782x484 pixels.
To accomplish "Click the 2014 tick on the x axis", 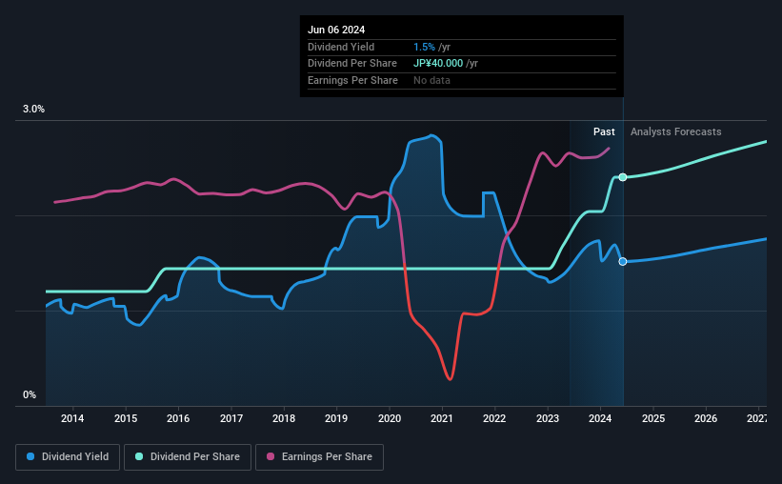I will coord(72,418).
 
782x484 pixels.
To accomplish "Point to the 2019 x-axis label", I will coord(336,418).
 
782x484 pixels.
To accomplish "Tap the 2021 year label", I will coord(442,418).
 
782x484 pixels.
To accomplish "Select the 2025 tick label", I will coord(652,418).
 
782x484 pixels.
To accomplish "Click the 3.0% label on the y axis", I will coord(33,110).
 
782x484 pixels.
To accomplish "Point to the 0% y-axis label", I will coord(30,394).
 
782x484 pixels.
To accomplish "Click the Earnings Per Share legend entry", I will coord(319,457).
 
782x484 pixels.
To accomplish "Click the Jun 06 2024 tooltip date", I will coord(337,30).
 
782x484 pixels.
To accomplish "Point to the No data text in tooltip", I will coord(431,80).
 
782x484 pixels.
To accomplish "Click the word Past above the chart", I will coord(604,131).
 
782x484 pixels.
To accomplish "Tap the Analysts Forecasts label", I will coord(675,131).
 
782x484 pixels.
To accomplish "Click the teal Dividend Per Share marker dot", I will coord(623,177).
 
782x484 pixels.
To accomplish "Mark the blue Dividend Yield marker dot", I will coord(623,261).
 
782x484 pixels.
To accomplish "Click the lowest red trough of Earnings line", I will coord(449,379).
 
